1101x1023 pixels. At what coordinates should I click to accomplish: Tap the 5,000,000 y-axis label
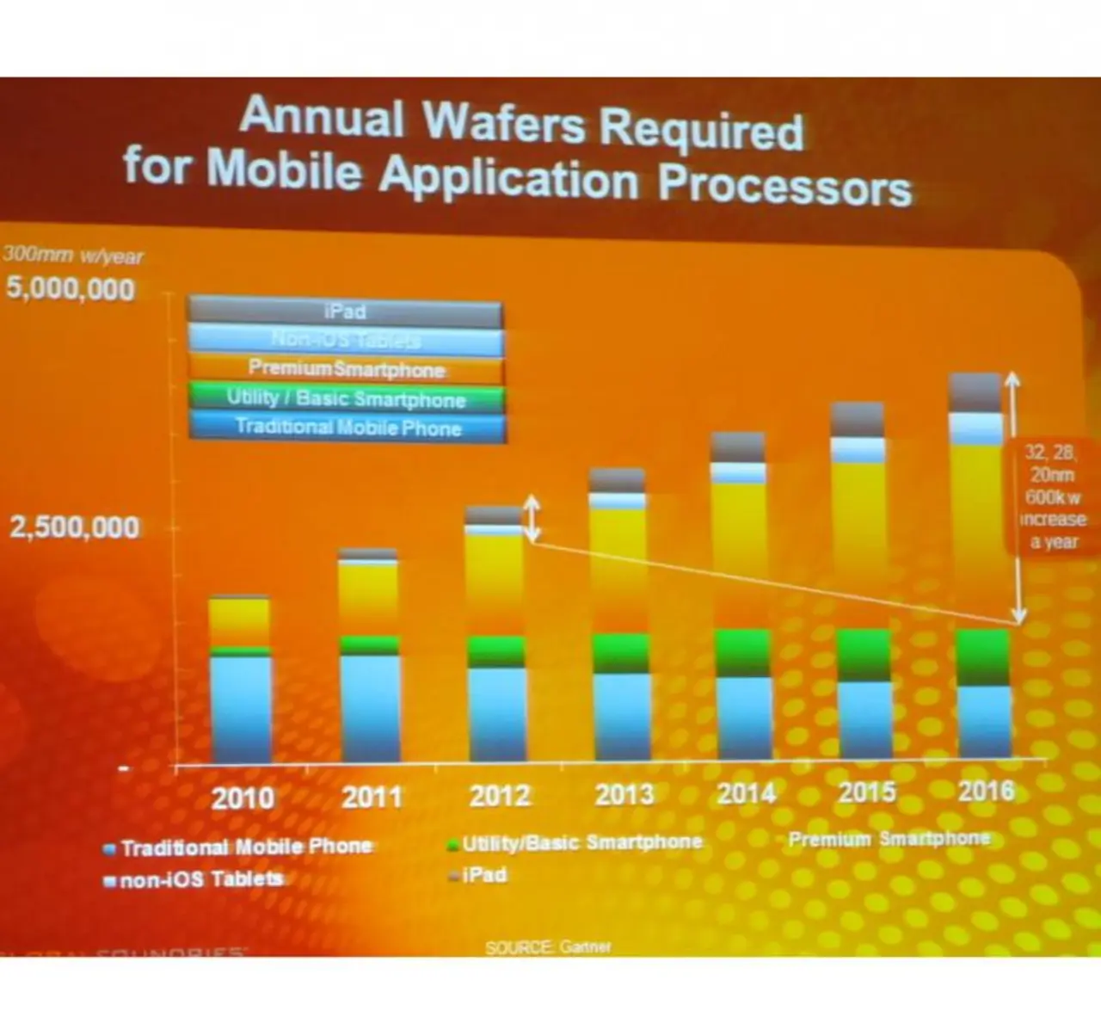pos(71,288)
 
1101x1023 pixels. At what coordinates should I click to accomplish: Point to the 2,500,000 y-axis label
pos(74,527)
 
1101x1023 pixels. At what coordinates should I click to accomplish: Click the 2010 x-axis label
pos(243,798)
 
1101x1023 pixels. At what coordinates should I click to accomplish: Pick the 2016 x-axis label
pos(986,791)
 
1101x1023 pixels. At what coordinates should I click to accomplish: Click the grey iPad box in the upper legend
pos(345,311)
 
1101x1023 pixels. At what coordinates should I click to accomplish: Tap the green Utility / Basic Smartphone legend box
pos(346,398)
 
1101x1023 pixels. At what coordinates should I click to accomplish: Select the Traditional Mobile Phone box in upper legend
pos(348,428)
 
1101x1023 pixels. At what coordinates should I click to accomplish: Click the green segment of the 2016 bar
pos(983,656)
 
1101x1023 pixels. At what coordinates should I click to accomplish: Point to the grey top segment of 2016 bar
pos(975,392)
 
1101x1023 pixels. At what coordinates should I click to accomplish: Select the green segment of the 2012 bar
pos(496,651)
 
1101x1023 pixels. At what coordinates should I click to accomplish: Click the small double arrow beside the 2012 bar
pos(532,518)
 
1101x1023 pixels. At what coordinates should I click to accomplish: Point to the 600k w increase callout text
pos(1051,497)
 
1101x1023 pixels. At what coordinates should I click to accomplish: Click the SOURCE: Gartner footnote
pos(548,947)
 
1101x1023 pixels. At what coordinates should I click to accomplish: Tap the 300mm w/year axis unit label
pos(73,256)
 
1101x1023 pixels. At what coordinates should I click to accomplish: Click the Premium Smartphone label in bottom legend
pos(889,839)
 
